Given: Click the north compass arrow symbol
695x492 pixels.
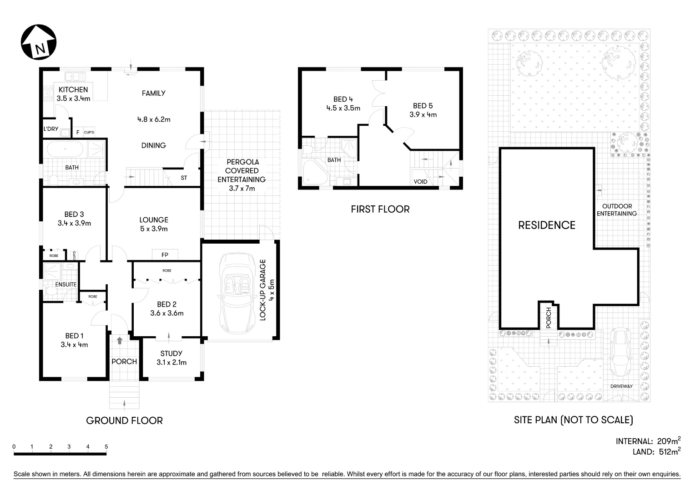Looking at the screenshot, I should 39,42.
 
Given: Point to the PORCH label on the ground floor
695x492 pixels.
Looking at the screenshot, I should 124,361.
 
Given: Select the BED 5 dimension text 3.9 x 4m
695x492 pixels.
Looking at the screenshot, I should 423,115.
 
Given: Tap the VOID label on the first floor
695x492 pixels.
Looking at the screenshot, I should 420,182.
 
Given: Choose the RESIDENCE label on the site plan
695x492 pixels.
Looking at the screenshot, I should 547,225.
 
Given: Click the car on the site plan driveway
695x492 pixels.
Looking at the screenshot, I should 620,350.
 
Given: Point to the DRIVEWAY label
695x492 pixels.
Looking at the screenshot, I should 621,386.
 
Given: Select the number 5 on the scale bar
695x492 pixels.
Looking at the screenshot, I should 106,447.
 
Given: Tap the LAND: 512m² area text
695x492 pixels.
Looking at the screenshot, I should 656,452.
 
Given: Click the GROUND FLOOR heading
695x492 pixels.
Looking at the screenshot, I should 124,420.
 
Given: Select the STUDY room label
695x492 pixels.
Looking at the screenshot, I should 171,354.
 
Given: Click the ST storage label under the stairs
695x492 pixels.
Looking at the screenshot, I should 184,178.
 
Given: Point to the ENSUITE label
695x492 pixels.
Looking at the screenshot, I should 65,285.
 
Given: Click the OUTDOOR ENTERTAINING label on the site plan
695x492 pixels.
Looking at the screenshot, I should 617,210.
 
